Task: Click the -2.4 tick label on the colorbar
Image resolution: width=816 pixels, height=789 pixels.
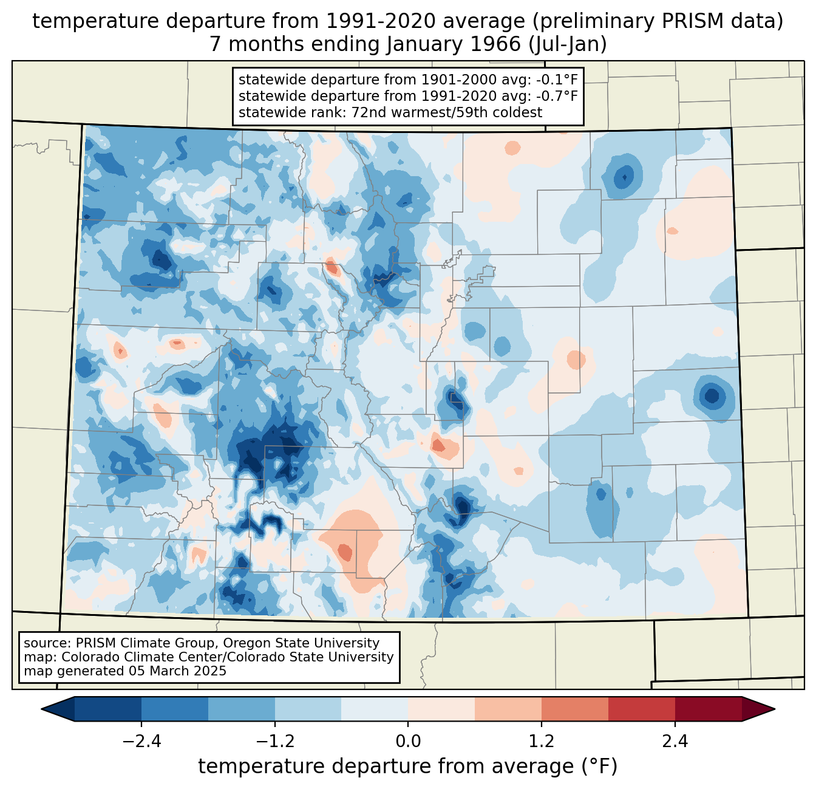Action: click(x=141, y=742)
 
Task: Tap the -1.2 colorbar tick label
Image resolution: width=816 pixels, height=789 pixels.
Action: click(x=275, y=742)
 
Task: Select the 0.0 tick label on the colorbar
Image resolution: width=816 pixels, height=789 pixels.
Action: click(x=408, y=742)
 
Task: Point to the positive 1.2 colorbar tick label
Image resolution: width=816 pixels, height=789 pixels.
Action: click(x=542, y=742)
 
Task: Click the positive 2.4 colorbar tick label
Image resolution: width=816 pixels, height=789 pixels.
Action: click(x=675, y=742)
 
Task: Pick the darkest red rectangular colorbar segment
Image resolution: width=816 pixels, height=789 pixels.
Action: click(x=708, y=709)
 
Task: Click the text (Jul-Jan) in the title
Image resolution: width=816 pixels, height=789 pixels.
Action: click(x=568, y=44)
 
